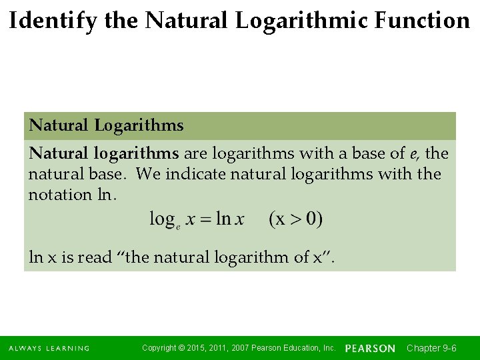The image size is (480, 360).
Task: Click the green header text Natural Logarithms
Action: coord(107,125)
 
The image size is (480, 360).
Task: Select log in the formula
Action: coord(161,219)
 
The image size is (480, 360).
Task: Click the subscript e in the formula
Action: coord(179,225)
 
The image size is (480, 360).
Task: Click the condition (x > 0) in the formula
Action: coord(296,219)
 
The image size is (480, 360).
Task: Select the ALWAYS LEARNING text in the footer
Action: coord(49,348)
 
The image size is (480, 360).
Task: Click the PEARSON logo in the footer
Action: coord(370,348)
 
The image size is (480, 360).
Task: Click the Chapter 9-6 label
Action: coord(431,348)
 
